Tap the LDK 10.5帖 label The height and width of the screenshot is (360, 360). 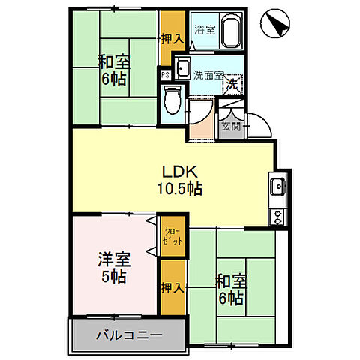coord(178,181)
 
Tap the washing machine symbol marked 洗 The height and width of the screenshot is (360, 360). coord(233,85)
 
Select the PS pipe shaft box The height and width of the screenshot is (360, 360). coord(164,75)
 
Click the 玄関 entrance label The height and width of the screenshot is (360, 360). coord(229,127)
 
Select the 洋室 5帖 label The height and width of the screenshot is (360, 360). coord(114,268)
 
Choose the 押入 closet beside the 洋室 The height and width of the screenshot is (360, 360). coord(170,286)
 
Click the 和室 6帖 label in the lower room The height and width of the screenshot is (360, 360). coord(229,289)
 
